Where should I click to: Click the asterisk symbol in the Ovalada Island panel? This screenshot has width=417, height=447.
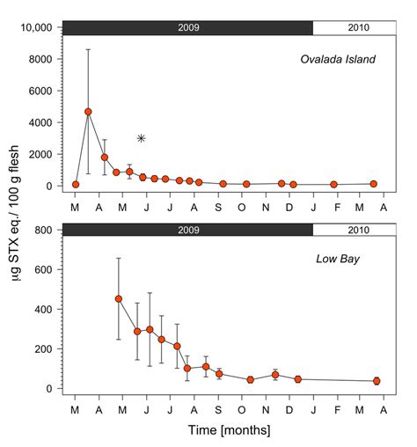141,138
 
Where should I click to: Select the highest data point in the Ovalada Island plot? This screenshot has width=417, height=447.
88,112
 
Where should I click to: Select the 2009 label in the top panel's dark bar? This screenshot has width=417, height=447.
187,27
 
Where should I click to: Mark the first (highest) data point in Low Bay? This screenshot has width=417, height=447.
119,298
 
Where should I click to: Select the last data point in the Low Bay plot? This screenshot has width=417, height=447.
377,381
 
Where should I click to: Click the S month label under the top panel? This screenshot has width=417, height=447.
219,207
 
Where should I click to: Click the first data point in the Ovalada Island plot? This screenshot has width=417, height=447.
76,185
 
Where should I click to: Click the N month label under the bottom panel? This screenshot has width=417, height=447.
267,409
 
